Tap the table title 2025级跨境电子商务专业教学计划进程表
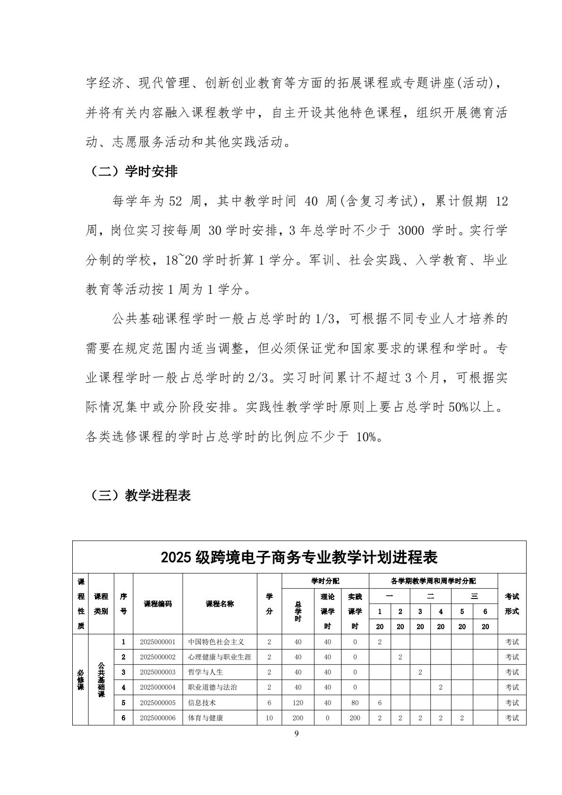pos(299,557)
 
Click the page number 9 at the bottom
pos(296,734)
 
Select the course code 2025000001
pos(158,641)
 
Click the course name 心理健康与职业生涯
pos(220,657)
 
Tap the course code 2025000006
pos(158,718)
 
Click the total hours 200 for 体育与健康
pos(298,718)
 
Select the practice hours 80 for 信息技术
pos(355,702)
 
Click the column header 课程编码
pos(158,604)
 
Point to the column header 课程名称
pos(220,604)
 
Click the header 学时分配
pos(325,581)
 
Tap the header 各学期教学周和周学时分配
pos(433,581)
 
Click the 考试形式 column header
pos(512,604)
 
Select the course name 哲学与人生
pos(205,672)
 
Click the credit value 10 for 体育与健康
pos(269,718)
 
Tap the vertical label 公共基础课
pos(101,679)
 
